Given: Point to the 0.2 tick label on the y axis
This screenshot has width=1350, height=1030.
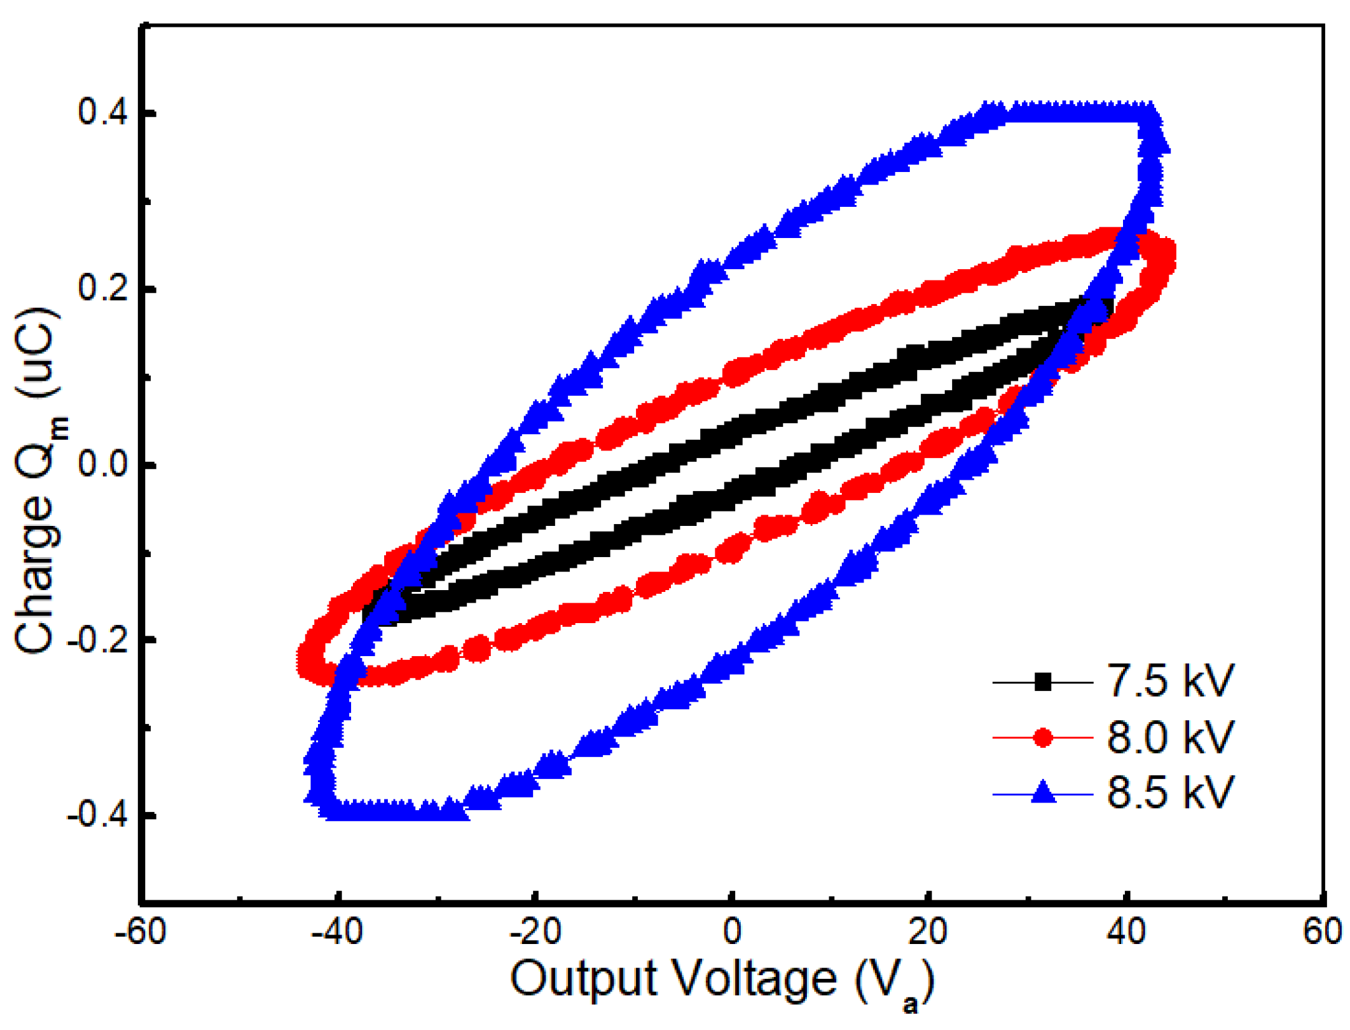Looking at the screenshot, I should tap(102, 288).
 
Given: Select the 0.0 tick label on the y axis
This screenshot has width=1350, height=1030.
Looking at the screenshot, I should tap(102, 464).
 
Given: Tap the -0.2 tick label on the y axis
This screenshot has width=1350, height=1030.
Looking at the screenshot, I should tap(97, 639).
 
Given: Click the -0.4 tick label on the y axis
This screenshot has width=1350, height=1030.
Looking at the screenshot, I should tap(97, 815).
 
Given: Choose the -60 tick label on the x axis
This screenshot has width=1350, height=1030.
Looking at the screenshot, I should tap(140, 932).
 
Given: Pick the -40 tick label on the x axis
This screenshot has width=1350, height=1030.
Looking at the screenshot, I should tap(337, 932).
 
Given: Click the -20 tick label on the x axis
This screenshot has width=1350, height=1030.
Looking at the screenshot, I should tap(534, 932).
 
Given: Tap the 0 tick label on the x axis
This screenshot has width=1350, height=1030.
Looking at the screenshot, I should tap(731, 932).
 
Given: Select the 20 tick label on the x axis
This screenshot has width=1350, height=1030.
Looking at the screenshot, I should tap(927, 932).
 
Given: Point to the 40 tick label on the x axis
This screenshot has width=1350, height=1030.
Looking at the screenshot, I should tap(1126, 932).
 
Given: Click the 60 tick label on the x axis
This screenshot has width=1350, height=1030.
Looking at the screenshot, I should tap(1321, 932).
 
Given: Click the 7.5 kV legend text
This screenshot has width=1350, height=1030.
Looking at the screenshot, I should tap(1169, 680).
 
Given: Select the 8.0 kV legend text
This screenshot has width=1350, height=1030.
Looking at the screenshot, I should tap(1169, 737).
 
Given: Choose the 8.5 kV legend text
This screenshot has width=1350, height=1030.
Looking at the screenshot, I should tap(1169, 792).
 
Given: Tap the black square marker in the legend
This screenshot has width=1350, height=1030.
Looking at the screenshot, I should tap(1042, 682).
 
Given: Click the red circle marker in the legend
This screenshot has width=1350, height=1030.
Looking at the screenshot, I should tap(1042, 738).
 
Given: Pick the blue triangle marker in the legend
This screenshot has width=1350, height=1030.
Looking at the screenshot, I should tap(1042, 793).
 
